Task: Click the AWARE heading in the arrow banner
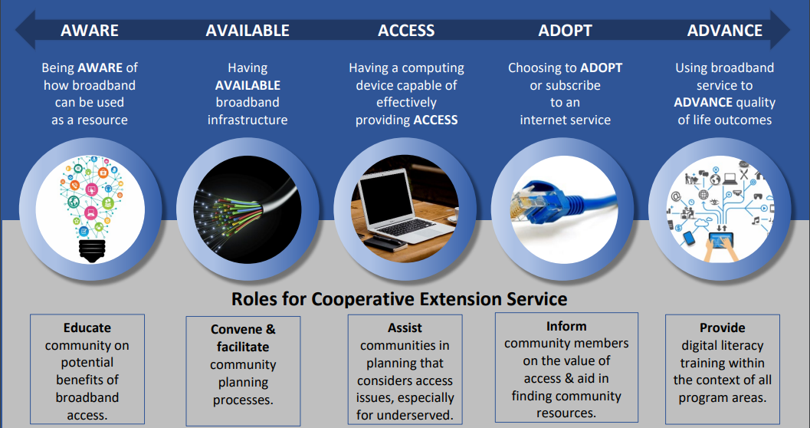90,31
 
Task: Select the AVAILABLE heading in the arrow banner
248,31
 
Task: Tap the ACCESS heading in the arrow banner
406,31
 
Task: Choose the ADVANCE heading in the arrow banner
724,31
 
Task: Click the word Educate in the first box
87,328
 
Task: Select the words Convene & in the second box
243,330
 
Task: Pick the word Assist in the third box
405,328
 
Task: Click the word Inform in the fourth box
566,326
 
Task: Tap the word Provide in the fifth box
722,328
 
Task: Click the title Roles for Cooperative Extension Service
399,298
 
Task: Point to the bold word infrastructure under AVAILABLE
248,120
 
